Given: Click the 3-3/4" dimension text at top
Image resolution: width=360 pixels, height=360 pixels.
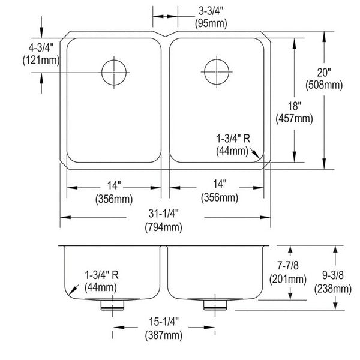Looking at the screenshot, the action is click(211, 11).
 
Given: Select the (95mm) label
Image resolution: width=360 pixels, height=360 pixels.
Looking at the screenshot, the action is click(211, 23).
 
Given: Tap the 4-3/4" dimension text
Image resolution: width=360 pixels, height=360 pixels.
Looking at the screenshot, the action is click(41, 47).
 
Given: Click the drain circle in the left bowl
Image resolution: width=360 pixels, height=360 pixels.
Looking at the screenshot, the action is click(114, 73).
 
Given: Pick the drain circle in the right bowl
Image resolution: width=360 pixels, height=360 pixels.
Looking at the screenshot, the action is click(217, 72).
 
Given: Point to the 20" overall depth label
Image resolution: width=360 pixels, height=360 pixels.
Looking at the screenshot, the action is click(324, 73).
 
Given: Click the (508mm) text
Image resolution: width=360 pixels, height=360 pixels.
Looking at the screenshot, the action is click(324, 85).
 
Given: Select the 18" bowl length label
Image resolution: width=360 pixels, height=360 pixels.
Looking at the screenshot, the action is click(295, 106).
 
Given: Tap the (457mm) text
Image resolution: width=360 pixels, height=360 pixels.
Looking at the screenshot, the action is click(295, 119).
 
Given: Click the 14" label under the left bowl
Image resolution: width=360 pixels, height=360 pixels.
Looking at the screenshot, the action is click(114, 185).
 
